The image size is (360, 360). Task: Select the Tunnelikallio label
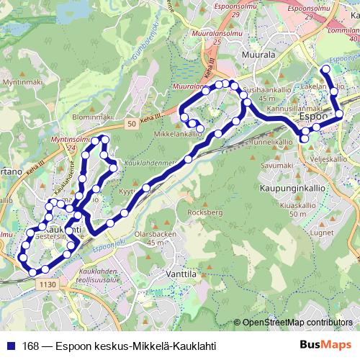pos(264,143)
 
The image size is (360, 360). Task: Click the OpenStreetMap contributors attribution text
pos(297,323)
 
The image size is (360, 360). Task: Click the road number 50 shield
pos(131,125)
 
